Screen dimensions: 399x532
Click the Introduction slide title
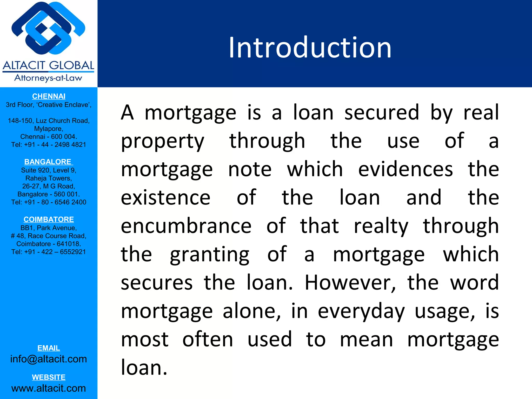(310, 48)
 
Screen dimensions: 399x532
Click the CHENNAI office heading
(49, 96)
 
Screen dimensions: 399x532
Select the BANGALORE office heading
(48, 162)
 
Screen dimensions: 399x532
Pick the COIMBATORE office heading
(49, 220)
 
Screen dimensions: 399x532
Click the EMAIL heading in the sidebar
(49, 348)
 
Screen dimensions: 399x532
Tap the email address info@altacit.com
(49, 359)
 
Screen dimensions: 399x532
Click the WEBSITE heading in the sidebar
(49, 377)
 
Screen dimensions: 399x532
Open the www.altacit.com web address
(49, 388)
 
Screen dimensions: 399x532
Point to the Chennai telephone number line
(49, 145)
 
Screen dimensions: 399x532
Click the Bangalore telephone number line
(49, 202)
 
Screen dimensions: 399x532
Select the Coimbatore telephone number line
(49, 252)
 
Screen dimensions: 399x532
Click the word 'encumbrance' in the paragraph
(186, 226)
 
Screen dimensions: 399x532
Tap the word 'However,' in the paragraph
(350, 282)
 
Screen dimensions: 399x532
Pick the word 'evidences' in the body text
(405, 169)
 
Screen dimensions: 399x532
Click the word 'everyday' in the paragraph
(361, 311)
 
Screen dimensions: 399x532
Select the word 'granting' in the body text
(210, 254)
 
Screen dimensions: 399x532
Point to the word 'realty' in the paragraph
(381, 226)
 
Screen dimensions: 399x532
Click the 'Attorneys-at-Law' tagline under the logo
(48, 78)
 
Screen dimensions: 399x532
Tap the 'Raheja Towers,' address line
(49, 178)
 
